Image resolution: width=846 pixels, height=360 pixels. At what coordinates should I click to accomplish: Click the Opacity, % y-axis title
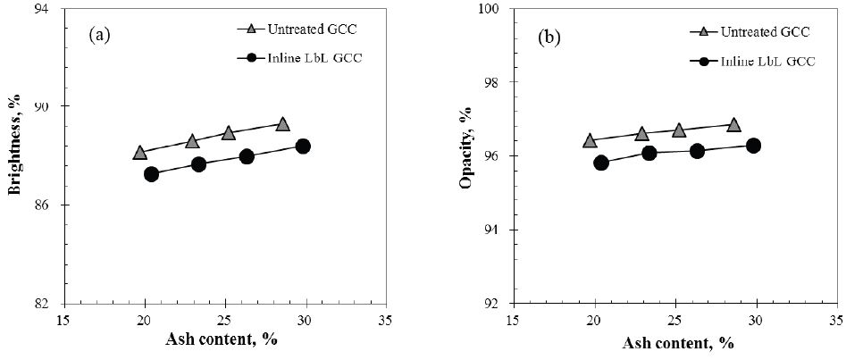(x=465, y=156)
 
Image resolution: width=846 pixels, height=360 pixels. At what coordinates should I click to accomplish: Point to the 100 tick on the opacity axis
(x=494, y=9)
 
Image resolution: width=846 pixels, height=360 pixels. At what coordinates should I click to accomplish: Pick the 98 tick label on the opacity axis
(x=497, y=82)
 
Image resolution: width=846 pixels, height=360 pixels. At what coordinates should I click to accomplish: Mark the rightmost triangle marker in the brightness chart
(x=283, y=124)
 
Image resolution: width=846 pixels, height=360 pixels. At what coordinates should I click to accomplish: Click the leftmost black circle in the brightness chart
(x=151, y=174)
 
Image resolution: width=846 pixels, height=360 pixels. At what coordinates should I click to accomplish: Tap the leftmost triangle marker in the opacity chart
(x=590, y=140)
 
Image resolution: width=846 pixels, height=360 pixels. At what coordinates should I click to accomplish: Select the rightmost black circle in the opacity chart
(x=753, y=146)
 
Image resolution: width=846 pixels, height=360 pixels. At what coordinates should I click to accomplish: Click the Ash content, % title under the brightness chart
(x=225, y=340)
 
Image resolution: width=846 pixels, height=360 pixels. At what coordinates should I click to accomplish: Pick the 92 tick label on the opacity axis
(x=497, y=303)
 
